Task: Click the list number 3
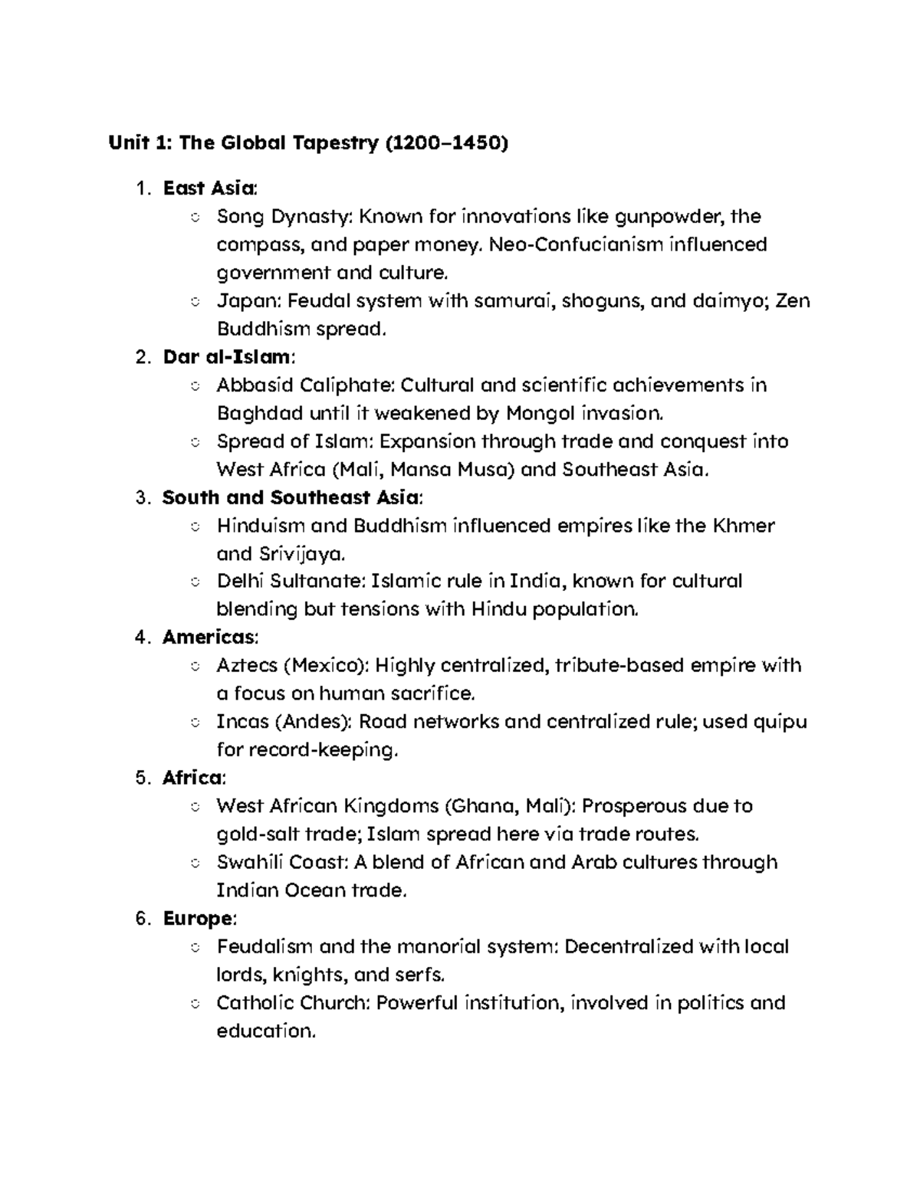pyautogui.click(x=140, y=498)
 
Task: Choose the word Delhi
pyautogui.click(x=241, y=582)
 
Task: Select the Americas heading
pyautogui.click(x=209, y=638)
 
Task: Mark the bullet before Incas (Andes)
pyautogui.click(x=195, y=722)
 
